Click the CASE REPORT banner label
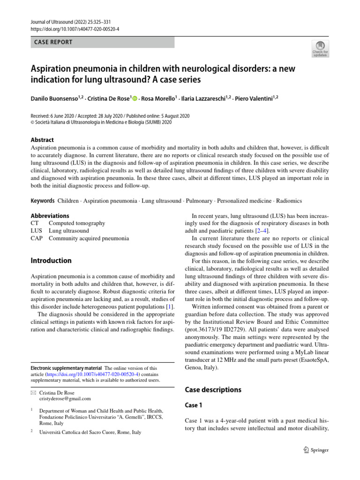(x=53, y=42)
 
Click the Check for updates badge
(x=320, y=49)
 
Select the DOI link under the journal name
(x=75, y=29)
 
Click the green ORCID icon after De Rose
(x=135, y=98)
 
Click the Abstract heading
(x=42, y=140)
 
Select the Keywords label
(x=42, y=201)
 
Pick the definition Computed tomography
(x=77, y=223)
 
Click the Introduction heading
(x=51, y=261)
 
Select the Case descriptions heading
(x=213, y=390)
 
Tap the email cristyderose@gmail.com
(x=66, y=398)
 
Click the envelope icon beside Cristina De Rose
(x=33, y=392)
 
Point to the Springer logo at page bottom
(x=313, y=450)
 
